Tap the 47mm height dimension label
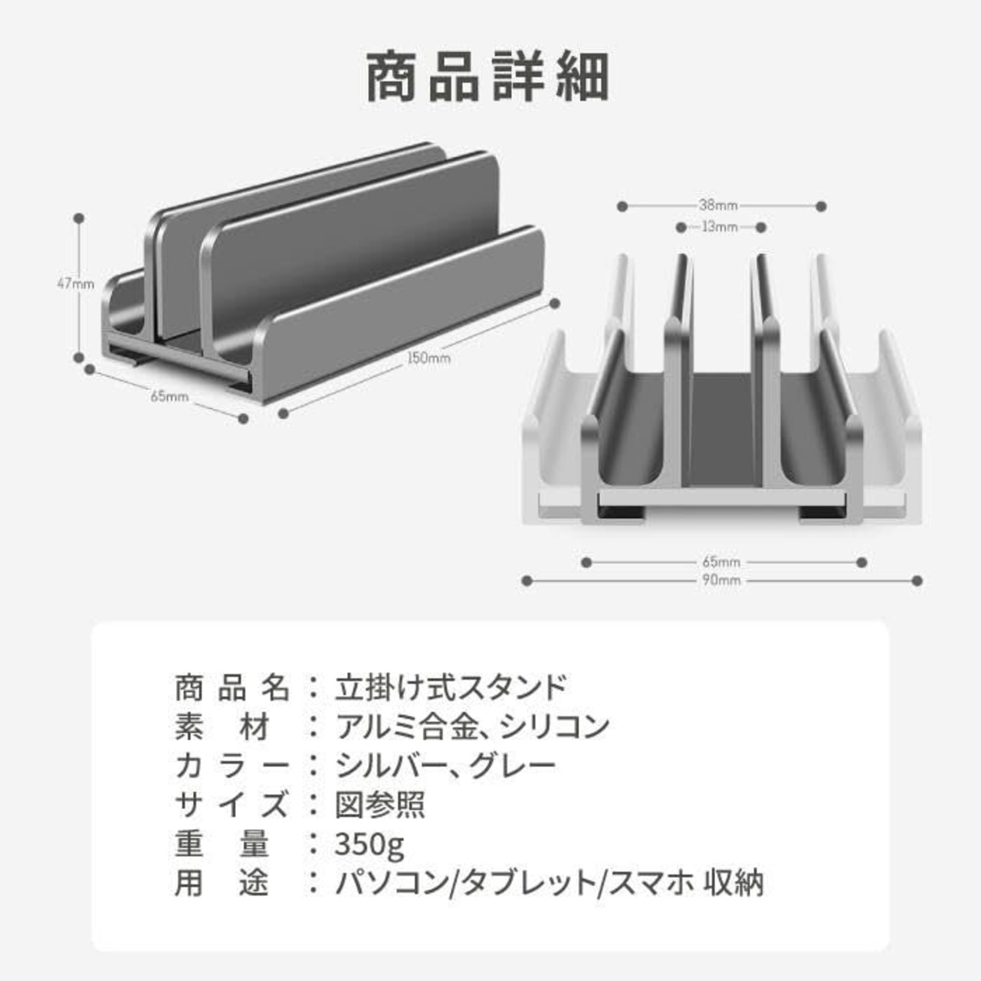[75, 284]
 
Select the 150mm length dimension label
[428, 358]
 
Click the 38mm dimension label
[718, 205]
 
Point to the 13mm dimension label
[720, 227]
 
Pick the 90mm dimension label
[721, 580]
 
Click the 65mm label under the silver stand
[721, 562]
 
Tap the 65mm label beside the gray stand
[169, 395]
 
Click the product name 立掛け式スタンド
[451, 687]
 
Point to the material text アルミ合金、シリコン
[472, 727]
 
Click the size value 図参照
[379, 805]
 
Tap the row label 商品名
[232, 687]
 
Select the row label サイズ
[232, 805]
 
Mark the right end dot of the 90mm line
[917, 580]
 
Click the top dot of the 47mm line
[78, 218]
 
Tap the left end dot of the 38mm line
[622, 206]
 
